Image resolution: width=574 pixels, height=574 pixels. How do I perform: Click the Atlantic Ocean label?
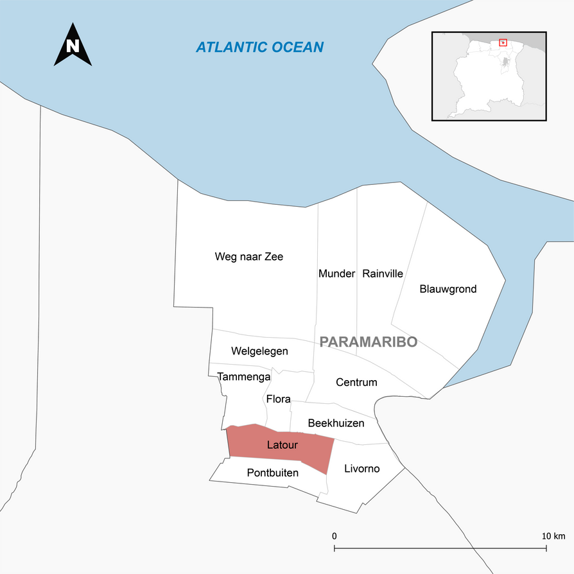pos(259,47)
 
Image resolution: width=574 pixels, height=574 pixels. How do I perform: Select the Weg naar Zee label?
pos(248,257)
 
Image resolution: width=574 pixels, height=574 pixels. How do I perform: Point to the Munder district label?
pos(336,274)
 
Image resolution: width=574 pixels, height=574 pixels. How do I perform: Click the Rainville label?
pos(383,274)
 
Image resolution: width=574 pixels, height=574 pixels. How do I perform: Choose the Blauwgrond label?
pos(448,289)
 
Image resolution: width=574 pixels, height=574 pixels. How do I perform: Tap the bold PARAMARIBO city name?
pos(368,342)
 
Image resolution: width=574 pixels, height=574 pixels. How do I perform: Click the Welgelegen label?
pos(259,351)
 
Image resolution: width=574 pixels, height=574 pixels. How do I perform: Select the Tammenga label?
pos(244,377)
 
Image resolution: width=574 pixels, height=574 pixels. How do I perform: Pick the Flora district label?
pos(279,399)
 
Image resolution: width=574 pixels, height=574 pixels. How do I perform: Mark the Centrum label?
pos(356,383)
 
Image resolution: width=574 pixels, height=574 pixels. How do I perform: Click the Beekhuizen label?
pos(336,423)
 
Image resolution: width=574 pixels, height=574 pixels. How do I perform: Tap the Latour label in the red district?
pos(283,444)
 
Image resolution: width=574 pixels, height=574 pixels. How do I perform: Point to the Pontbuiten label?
pos(273,473)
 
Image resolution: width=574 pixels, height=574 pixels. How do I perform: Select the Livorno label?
pos(362,469)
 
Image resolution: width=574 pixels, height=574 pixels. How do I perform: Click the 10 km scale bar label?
pos(553,535)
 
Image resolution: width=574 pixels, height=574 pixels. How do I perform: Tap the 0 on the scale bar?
pos(335,535)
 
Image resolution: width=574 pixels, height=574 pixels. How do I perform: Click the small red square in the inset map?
pos(503,43)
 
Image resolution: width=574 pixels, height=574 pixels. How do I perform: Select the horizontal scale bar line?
pos(440,548)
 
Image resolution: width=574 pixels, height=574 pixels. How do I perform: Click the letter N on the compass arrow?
pos(73,46)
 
